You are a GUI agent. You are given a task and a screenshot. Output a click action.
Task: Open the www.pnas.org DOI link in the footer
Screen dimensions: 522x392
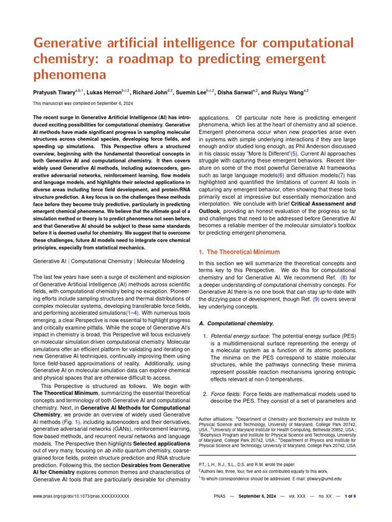click(x=81, y=495)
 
